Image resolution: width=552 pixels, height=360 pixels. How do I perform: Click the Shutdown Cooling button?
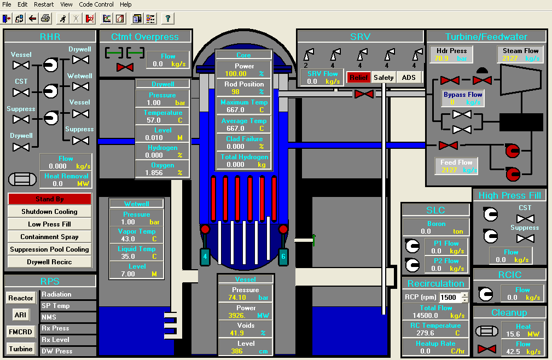click(x=49, y=212)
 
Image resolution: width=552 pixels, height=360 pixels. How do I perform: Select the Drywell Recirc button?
click(x=49, y=262)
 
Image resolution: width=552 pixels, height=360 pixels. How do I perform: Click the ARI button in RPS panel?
click(x=20, y=315)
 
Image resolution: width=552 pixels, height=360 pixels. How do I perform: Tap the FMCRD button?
click(x=21, y=332)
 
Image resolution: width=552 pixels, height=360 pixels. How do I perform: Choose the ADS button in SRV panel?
click(x=409, y=78)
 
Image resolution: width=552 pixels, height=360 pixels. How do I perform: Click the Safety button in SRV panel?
click(x=384, y=78)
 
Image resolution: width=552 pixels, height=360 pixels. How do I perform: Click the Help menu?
click(x=125, y=4)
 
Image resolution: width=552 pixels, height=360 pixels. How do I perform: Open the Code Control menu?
click(x=96, y=4)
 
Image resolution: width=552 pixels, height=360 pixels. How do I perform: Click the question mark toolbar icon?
click(x=167, y=19)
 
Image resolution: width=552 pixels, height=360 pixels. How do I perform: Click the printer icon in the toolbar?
click(x=45, y=19)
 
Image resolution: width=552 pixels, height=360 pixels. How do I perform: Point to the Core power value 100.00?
click(x=236, y=74)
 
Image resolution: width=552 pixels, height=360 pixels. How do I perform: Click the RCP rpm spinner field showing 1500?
click(x=450, y=298)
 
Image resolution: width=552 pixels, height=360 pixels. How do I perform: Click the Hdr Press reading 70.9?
click(x=442, y=58)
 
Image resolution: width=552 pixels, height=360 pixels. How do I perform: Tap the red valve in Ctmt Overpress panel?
click(x=125, y=67)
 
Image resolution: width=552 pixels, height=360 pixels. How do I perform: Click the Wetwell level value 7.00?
click(x=127, y=274)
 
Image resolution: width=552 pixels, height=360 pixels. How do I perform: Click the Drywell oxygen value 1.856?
click(x=155, y=173)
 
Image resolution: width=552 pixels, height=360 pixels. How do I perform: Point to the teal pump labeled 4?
click(x=205, y=256)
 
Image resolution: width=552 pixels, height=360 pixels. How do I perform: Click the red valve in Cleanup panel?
click(x=486, y=349)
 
